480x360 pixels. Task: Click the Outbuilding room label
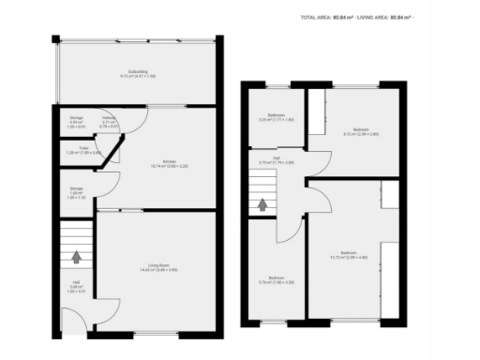(138, 72)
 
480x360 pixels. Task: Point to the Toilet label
(83, 148)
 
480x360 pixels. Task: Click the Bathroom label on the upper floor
(276, 115)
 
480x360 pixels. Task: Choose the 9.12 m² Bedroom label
(361, 130)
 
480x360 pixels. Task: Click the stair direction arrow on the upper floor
(262, 203)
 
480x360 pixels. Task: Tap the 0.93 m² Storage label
(77, 119)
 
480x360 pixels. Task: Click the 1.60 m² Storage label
(77, 191)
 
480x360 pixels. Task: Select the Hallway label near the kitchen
(109, 119)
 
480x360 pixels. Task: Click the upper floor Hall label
(276, 157)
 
